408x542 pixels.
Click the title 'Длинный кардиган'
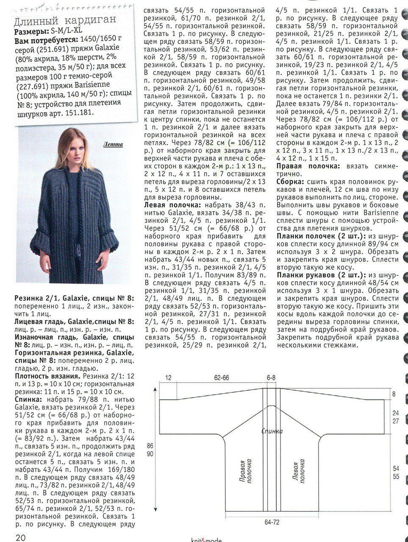(64, 21)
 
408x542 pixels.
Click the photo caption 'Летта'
(113, 144)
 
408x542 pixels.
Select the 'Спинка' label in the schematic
(272, 431)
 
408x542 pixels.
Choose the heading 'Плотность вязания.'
(48, 376)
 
